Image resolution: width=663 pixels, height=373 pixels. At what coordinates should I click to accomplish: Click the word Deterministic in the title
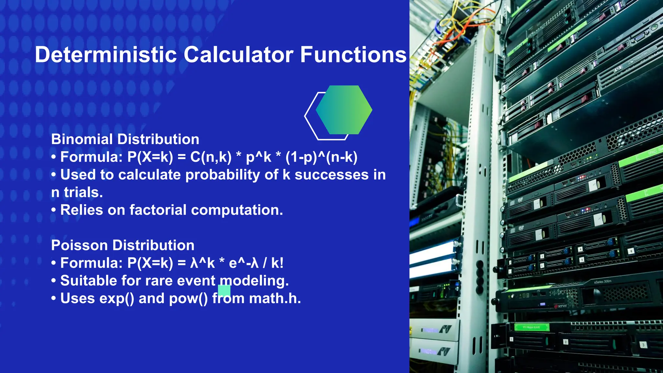pyautogui.click(x=106, y=54)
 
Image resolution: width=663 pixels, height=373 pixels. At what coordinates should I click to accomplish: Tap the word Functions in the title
pyautogui.click(x=353, y=54)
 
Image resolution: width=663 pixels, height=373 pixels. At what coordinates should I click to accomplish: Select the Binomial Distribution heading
pyautogui.click(x=125, y=139)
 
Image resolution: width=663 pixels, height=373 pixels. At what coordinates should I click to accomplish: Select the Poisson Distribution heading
pyautogui.click(x=123, y=245)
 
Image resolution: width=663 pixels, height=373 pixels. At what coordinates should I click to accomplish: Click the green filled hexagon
pyautogui.click(x=344, y=110)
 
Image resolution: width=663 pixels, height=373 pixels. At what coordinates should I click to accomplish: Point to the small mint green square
pyautogui.click(x=224, y=290)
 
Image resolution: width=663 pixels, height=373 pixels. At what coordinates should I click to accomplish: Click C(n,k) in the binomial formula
pyautogui.click(x=211, y=157)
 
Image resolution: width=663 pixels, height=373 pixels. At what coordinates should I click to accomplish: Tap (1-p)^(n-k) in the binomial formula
pyautogui.click(x=321, y=157)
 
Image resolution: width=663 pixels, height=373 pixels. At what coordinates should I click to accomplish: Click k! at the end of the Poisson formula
pyautogui.click(x=277, y=263)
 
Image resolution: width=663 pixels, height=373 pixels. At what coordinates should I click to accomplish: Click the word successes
pyautogui.click(x=331, y=175)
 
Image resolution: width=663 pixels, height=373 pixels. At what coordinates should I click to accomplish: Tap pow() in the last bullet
pyautogui.click(x=188, y=298)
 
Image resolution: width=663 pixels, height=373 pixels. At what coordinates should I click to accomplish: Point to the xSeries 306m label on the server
pyautogui.click(x=602, y=282)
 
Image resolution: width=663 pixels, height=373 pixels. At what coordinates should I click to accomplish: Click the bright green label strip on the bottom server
pyautogui.click(x=532, y=327)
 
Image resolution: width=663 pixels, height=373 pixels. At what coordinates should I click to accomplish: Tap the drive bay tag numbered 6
pyautogui.click(x=631, y=251)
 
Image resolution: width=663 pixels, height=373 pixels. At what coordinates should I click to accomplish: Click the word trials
pyautogui.click(x=83, y=192)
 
